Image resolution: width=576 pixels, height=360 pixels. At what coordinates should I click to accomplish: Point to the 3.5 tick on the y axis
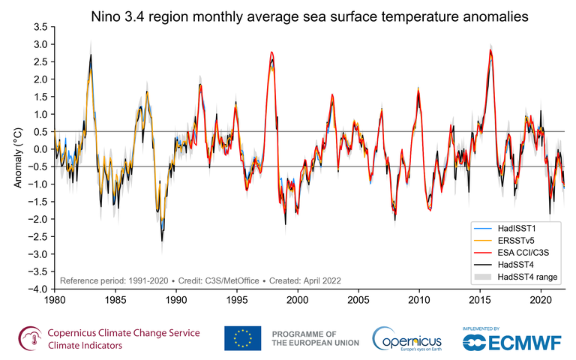pyautogui.click(x=40, y=27)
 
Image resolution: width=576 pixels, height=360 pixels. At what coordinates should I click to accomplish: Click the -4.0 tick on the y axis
pyautogui.click(x=37, y=289)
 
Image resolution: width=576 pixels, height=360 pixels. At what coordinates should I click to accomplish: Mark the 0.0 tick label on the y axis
pyautogui.click(x=40, y=149)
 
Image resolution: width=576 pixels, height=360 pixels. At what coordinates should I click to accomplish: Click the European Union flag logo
pyautogui.click(x=242, y=337)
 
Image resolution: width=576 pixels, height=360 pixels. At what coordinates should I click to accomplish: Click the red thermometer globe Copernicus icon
pyautogui.click(x=29, y=338)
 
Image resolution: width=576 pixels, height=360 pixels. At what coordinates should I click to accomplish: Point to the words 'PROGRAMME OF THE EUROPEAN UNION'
pyautogui.click(x=315, y=337)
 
